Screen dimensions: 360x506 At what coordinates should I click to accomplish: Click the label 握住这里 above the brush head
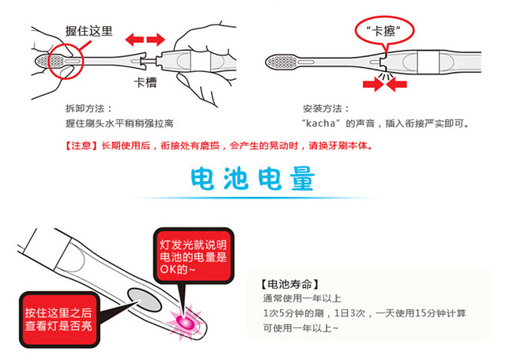click(x=89, y=32)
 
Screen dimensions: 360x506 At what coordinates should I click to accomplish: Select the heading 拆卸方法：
click(x=89, y=108)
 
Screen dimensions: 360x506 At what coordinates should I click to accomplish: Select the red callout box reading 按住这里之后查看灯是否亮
click(x=55, y=314)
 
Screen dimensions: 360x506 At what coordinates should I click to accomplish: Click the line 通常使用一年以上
click(x=304, y=299)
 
